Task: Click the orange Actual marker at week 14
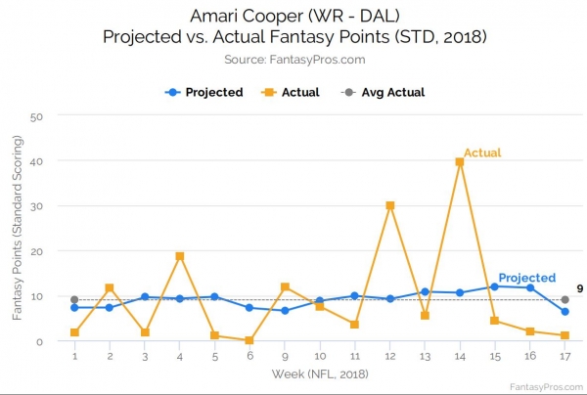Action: click(460, 162)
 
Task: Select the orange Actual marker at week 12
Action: click(389, 205)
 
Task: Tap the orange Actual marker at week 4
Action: click(180, 256)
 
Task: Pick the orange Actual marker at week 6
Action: click(249, 340)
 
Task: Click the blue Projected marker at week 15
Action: click(494, 286)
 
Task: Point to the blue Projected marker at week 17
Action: click(564, 312)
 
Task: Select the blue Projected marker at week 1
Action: click(74, 307)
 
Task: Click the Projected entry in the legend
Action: click(204, 93)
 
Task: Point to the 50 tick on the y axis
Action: click(37, 116)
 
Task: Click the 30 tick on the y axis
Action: click(37, 206)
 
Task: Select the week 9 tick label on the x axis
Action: click(285, 356)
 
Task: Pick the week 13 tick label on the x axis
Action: click(425, 356)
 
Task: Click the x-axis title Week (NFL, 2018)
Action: click(320, 374)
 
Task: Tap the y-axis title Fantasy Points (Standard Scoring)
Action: click(17, 229)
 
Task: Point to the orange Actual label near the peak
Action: click(482, 153)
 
